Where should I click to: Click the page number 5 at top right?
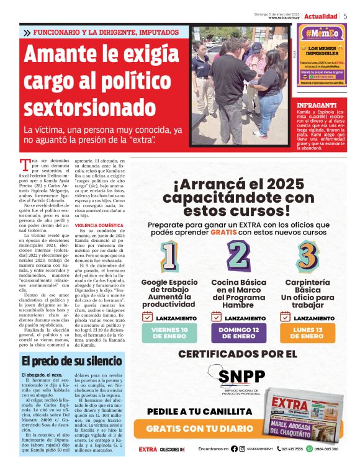point(345,16)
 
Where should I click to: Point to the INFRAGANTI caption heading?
point(317,105)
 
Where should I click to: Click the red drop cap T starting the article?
point(25,165)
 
